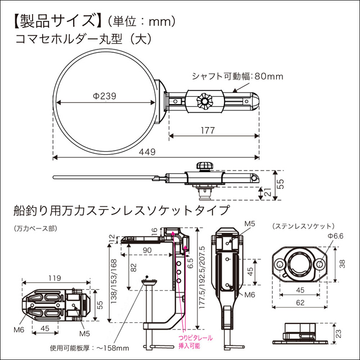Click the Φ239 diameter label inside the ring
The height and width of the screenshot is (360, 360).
tap(105, 96)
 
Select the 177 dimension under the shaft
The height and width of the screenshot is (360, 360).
tap(208, 130)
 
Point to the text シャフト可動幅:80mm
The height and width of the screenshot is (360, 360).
tap(237, 76)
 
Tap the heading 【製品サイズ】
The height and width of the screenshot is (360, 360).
tap(54, 22)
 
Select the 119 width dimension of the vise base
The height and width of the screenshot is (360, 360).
tap(55, 277)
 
